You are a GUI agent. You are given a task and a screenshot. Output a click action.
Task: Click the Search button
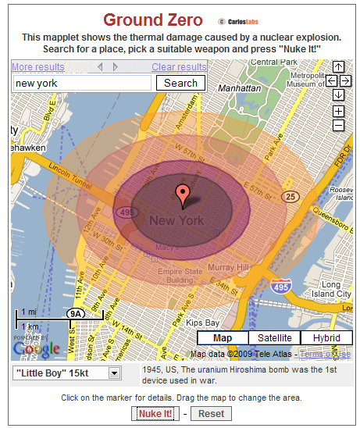pos(180,83)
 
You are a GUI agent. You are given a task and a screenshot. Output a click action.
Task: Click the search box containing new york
pos(82,83)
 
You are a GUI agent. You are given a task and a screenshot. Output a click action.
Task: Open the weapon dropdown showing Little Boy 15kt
pos(67,373)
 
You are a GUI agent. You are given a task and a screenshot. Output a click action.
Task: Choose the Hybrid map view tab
pos(326,337)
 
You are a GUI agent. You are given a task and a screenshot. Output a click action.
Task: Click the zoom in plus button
pos(338,112)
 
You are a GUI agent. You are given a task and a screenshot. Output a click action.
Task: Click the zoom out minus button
pos(338,125)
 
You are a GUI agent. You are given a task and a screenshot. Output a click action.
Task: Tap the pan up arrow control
pos(338,67)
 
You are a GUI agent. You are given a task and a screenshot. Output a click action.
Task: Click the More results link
pos(38,67)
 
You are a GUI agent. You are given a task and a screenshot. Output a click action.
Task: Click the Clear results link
pos(179,67)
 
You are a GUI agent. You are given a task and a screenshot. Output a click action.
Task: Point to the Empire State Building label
pos(181,274)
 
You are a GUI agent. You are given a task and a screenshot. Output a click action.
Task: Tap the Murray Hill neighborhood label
pos(232,268)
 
